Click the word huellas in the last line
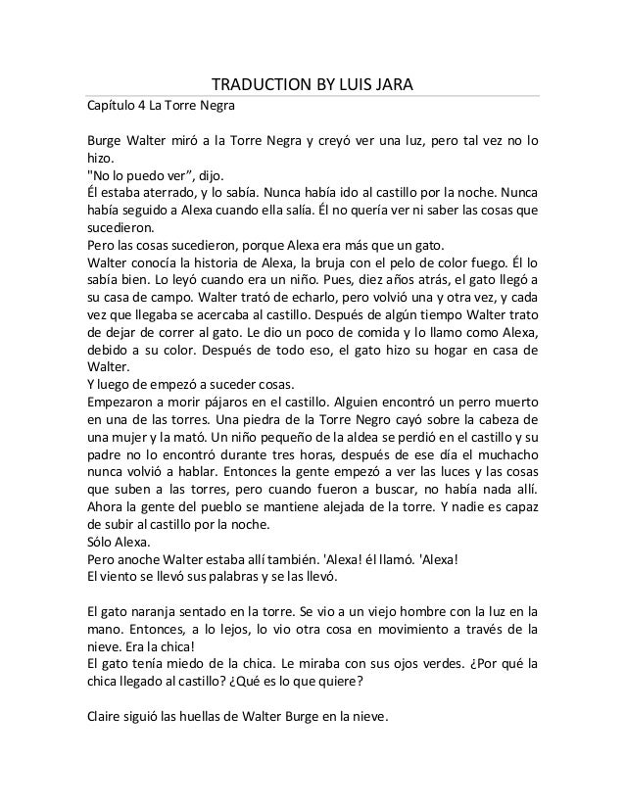click(210, 716)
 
